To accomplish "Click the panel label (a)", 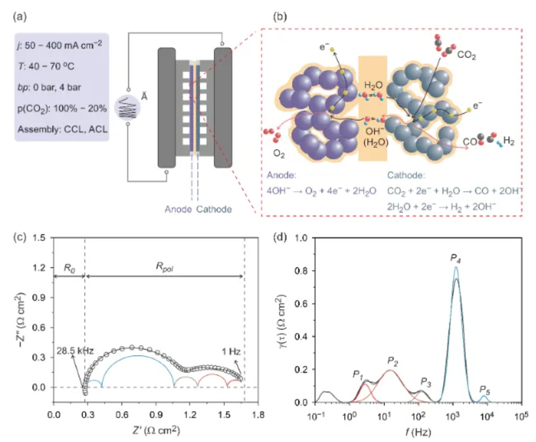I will [x=20, y=16].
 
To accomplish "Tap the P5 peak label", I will [x=485, y=390].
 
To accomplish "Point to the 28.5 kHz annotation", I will [x=75, y=351].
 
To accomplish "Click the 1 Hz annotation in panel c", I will [x=231, y=351].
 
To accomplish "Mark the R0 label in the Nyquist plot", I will [x=69, y=268].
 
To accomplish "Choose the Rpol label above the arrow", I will [x=164, y=267].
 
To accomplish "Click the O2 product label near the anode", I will [x=279, y=153].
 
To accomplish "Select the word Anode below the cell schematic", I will [x=178, y=209].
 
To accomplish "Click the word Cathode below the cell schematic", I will [x=214, y=209].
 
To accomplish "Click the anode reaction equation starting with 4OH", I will [x=321, y=191].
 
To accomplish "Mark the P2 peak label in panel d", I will [x=393, y=362].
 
